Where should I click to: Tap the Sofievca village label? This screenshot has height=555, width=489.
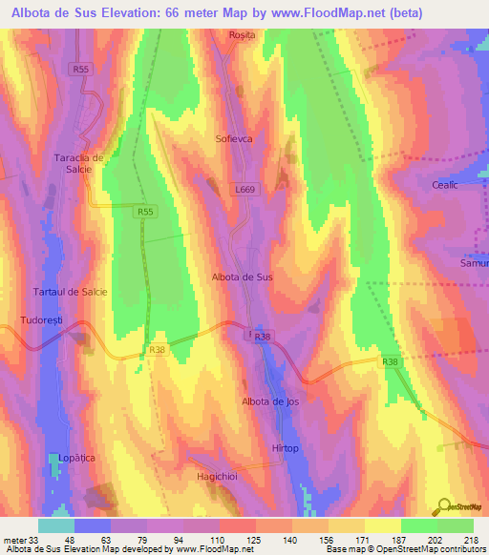pos(235,138)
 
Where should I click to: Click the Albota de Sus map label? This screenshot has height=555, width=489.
pos(242,277)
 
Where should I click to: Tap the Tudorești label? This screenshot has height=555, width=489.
pos(41,320)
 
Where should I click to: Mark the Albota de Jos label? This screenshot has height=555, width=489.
pos(270,401)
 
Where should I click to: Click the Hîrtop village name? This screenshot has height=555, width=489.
pos(285,448)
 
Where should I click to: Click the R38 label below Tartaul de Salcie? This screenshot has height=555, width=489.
pos(157,350)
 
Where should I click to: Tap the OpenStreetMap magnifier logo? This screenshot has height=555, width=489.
pos(444,505)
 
